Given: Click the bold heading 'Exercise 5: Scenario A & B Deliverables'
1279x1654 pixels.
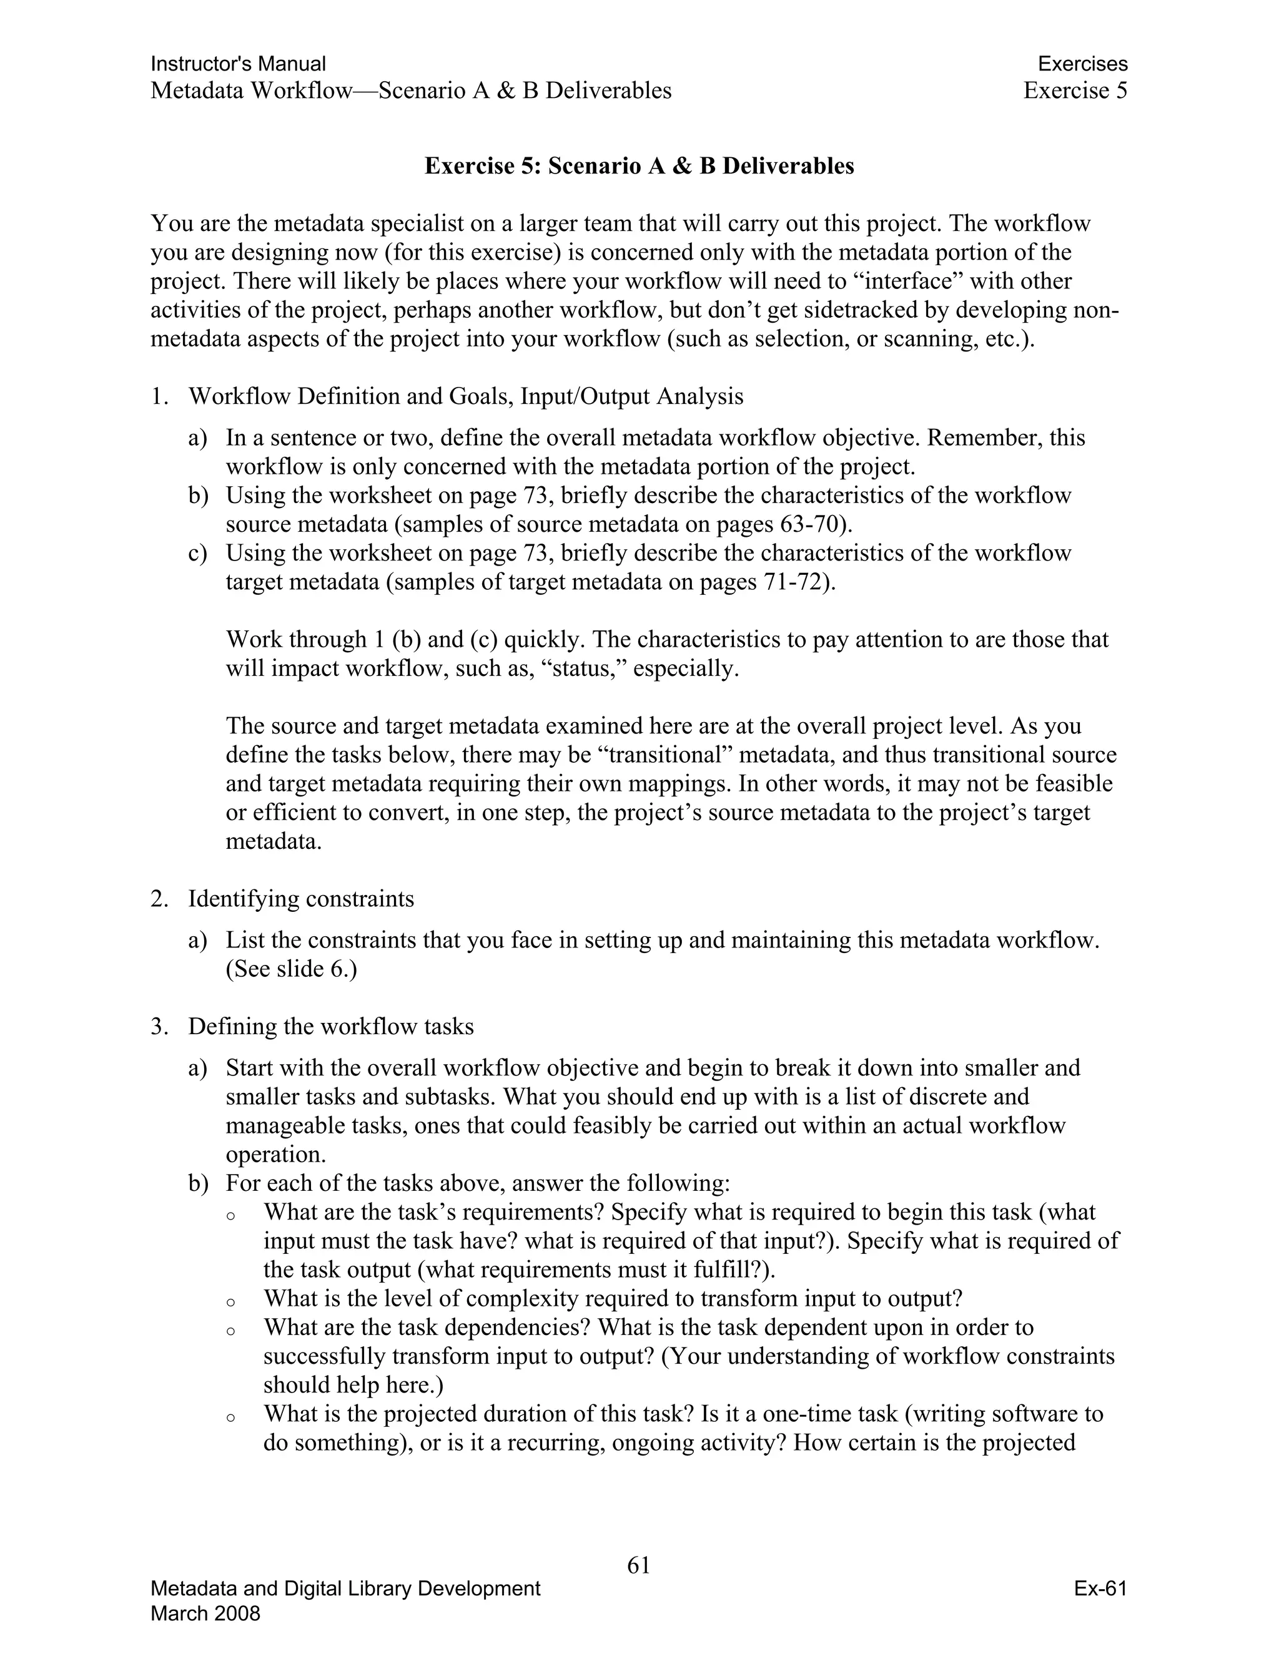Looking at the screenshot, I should point(639,166).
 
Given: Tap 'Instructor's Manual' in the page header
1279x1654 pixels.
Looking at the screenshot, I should point(238,64).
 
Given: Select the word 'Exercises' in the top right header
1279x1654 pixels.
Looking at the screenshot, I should point(1082,64).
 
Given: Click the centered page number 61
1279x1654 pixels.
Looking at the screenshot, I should point(639,1565).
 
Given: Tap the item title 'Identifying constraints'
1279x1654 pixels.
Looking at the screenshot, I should point(301,899).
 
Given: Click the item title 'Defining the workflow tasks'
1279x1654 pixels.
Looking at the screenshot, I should point(330,1026).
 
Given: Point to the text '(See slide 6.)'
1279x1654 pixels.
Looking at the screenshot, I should point(291,969).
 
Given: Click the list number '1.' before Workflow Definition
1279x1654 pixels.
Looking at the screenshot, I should point(159,396).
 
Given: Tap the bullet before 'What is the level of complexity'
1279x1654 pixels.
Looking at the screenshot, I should point(230,1303).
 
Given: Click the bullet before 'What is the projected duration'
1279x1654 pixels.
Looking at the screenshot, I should point(230,1417).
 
